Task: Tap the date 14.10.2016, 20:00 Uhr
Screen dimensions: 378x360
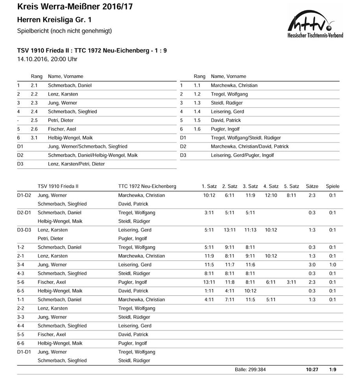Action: pyautogui.click(x=47, y=59)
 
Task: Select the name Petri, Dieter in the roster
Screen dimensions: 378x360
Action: pyautogui.click(x=61, y=120)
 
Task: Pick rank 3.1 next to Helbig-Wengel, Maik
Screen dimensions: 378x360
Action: pyautogui.click(x=34, y=138)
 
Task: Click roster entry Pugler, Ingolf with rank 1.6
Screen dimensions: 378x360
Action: pyautogui.click(x=225, y=129)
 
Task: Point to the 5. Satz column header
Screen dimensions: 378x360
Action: pyautogui.click(x=291, y=186)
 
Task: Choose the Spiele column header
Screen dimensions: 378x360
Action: pyautogui.click(x=332, y=186)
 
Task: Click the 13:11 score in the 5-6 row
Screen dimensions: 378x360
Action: pyautogui.click(x=209, y=282)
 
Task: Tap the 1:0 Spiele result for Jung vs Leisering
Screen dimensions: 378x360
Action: pyautogui.click(x=332, y=265)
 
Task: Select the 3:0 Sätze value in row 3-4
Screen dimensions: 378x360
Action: pyautogui.click(x=312, y=265)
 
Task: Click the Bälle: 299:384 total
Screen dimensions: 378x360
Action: pyautogui.click(x=250, y=370)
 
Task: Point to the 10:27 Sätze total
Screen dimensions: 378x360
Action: pyautogui.click(x=312, y=370)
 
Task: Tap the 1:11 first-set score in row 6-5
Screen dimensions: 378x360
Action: pyautogui.click(x=209, y=291)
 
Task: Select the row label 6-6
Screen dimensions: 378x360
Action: pyautogui.click(x=21, y=343)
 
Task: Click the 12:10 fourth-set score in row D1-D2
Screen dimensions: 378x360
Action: pyautogui.click(x=271, y=195)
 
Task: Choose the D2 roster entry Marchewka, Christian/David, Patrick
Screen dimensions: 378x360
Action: pyautogui.click(x=249, y=146)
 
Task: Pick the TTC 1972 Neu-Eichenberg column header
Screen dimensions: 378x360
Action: pyautogui.click(x=147, y=186)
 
